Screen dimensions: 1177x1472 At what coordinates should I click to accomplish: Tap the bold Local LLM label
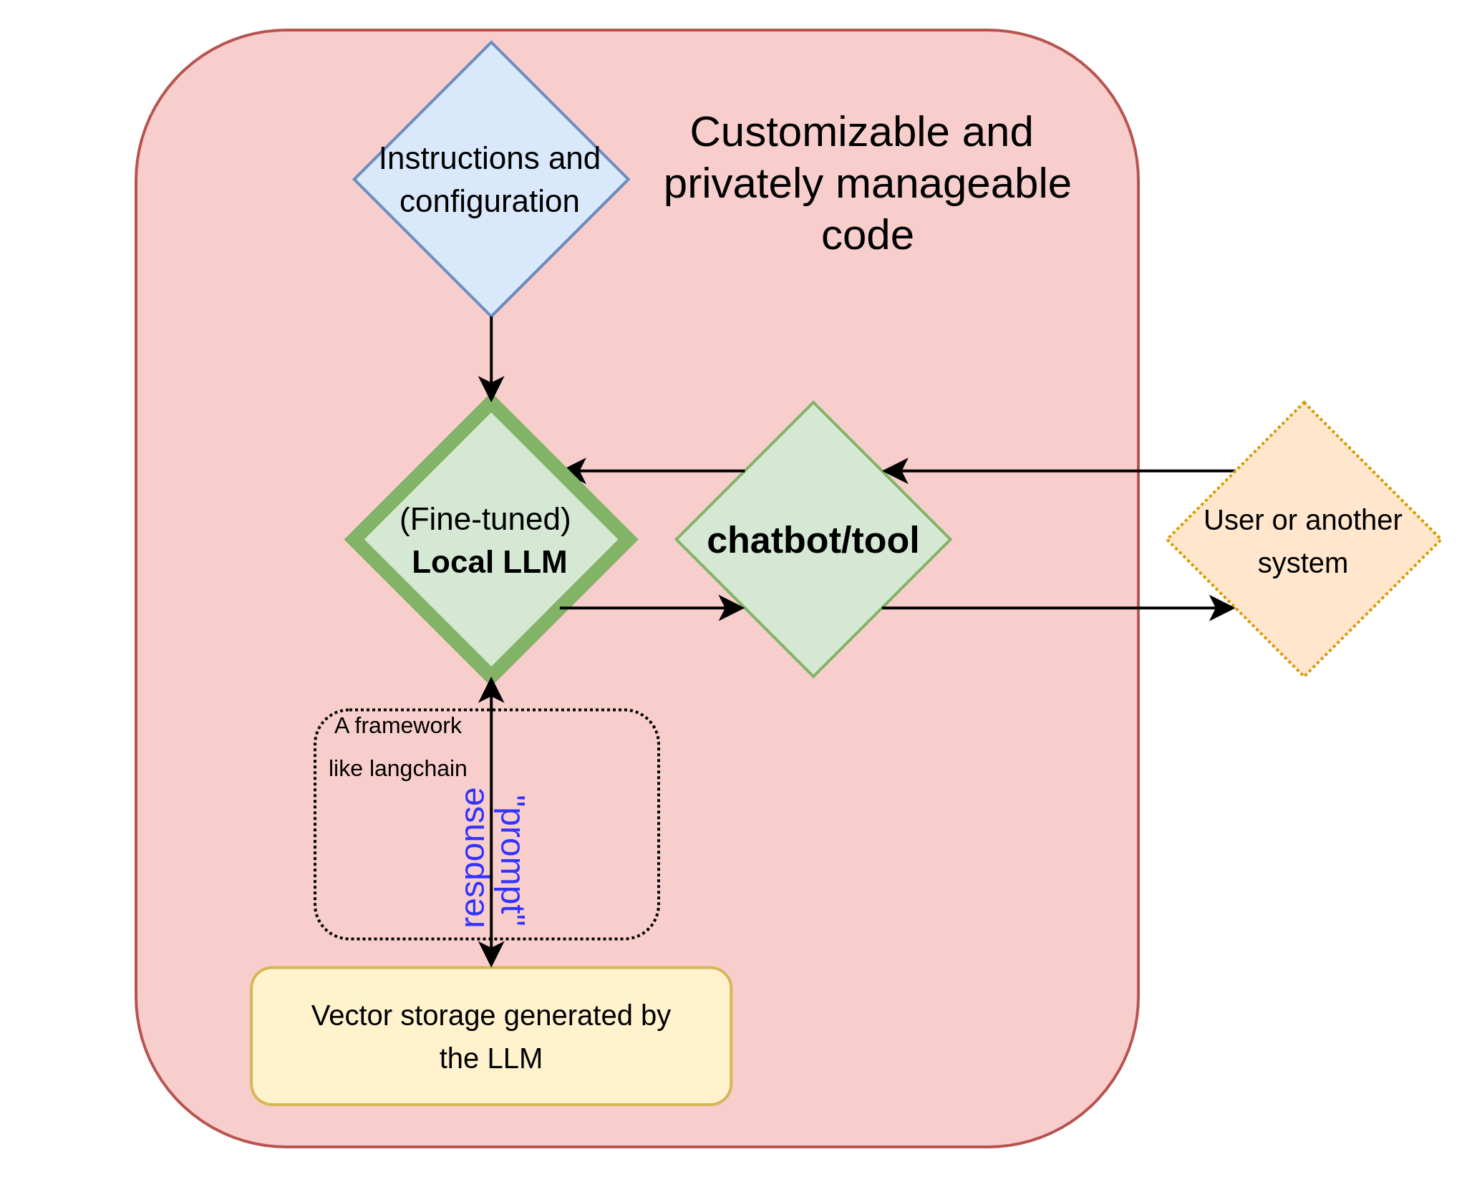490,563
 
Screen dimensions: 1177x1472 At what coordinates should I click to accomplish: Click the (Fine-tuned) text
485,520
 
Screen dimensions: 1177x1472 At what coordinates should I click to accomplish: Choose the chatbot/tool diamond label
813,541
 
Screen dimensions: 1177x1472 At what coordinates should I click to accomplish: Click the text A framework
398,726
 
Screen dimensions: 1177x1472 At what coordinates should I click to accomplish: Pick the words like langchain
398,769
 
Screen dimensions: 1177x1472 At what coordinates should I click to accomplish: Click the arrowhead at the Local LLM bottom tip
491,689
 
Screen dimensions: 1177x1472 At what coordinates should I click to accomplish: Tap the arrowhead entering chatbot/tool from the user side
895,471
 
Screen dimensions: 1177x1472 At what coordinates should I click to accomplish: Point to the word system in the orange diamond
1303,563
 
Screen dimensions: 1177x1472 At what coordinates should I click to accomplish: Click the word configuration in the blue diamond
490,202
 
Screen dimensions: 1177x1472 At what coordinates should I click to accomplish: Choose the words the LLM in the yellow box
491,1059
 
